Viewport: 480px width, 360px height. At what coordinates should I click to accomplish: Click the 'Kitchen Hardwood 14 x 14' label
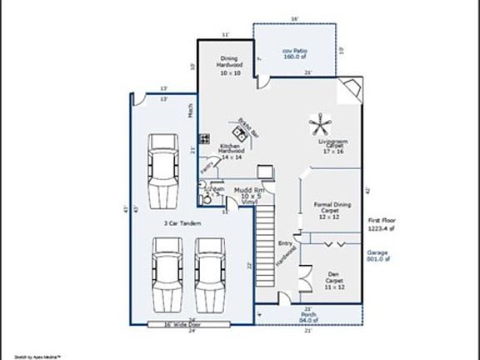(x=231, y=152)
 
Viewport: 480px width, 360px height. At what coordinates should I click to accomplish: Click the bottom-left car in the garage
(x=167, y=277)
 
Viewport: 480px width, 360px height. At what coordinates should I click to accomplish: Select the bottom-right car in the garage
(x=209, y=277)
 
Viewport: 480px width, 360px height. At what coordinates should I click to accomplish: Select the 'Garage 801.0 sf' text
(x=380, y=255)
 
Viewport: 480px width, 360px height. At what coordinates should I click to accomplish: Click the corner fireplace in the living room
(x=352, y=88)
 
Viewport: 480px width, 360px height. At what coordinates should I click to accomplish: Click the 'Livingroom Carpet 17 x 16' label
(x=333, y=147)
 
